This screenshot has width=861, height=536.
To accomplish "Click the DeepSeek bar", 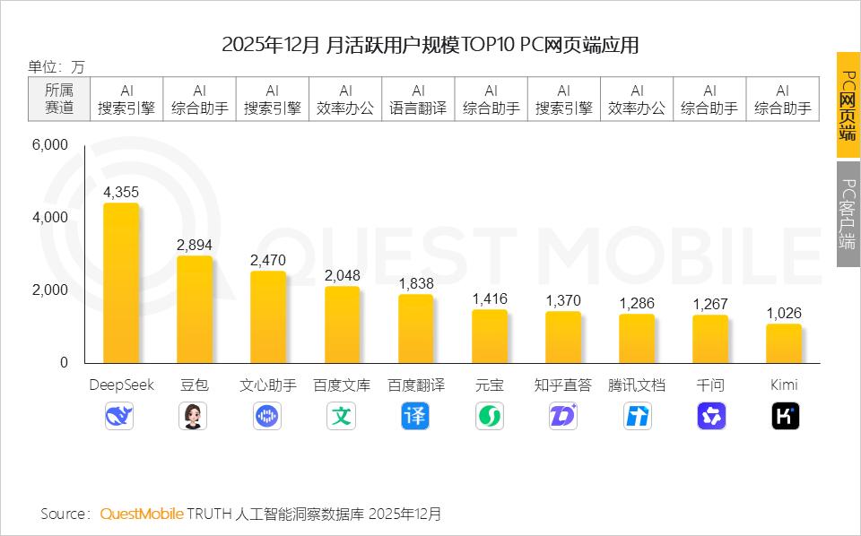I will [x=121, y=282].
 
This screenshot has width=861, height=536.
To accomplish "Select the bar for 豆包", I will [x=195, y=309].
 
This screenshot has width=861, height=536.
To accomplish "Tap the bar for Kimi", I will [x=784, y=343].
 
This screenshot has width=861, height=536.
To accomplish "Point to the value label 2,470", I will [x=268, y=260].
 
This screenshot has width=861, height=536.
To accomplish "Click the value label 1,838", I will [x=416, y=283].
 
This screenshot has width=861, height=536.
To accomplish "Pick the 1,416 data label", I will [x=490, y=299].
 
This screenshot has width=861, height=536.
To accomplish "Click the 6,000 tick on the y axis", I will [x=51, y=145].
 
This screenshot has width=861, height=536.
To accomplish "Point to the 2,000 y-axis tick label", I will [x=51, y=290].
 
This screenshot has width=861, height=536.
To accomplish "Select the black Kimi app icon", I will [x=786, y=416].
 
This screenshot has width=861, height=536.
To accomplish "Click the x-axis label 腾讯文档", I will [x=637, y=385].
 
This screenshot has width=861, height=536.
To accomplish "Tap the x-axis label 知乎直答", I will [x=563, y=385].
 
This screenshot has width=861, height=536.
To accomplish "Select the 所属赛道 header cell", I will [x=59, y=99].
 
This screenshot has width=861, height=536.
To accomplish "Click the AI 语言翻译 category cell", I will [x=418, y=99].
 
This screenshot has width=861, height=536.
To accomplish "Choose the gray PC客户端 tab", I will [x=848, y=213].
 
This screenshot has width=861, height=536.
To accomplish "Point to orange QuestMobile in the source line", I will [x=142, y=514].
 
